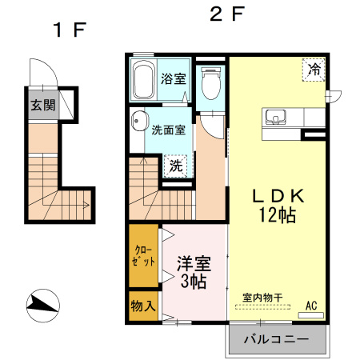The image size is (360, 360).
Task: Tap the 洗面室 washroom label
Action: point(170,130)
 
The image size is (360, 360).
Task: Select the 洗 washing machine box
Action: point(174,166)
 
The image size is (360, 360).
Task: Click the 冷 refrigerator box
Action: point(315,70)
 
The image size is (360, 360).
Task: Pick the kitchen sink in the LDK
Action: point(276,116)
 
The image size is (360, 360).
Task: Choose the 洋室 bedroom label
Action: point(194,263)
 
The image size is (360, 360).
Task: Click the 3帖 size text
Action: point(194,282)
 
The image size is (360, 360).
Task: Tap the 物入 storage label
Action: point(144,307)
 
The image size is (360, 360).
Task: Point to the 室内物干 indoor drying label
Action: point(263,298)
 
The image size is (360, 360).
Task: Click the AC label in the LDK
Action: point(312,305)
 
